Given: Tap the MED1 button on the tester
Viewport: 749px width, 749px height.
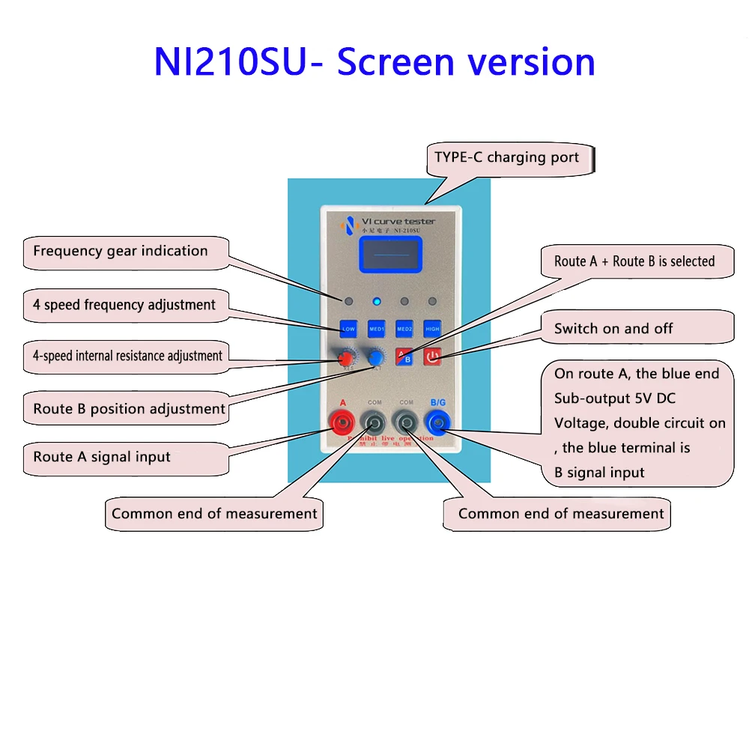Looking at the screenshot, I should click(376, 328).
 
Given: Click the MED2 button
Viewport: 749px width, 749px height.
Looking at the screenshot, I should click(404, 328).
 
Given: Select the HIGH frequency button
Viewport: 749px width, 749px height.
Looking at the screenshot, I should click(432, 328).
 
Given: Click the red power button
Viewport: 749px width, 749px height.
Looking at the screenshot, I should click(432, 357).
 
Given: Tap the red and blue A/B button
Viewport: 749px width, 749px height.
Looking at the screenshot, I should click(404, 357).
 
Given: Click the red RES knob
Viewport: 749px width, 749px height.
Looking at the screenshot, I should click(348, 357).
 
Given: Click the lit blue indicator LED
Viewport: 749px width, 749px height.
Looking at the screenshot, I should click(377, 302).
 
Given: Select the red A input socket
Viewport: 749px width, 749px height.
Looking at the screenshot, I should click(343, 424).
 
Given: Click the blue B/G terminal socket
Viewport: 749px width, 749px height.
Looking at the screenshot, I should click(437, 424).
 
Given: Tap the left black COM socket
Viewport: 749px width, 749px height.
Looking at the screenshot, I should click(374, 424).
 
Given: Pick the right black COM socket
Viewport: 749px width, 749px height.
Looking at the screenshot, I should click(406, 424).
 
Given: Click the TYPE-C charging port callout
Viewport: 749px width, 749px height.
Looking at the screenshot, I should click(507, 158).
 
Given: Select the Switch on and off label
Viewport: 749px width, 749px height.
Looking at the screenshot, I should click(613, 329).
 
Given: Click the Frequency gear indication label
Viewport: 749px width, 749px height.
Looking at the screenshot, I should click(121, 251).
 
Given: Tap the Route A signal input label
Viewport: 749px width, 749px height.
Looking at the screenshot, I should click(102, 457).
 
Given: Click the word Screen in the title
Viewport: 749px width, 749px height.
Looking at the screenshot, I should click(397, 62).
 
